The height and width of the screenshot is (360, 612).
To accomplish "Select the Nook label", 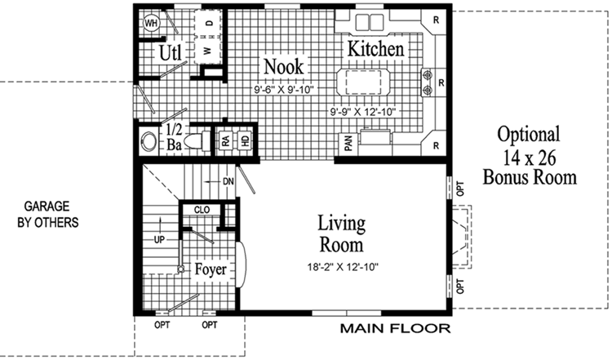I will (283, 66).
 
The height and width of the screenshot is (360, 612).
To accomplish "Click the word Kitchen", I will (376, 49).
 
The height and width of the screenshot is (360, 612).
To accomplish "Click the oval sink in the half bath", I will (148, 141).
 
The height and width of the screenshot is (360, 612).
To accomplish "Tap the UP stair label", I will (160, 239).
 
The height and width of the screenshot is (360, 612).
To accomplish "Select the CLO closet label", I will (202, 210).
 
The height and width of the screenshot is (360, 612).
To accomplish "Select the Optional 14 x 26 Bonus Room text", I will (529, 155).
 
